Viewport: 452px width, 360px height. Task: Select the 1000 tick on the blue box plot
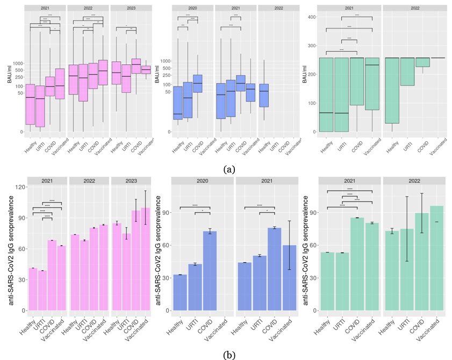[165, 61]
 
